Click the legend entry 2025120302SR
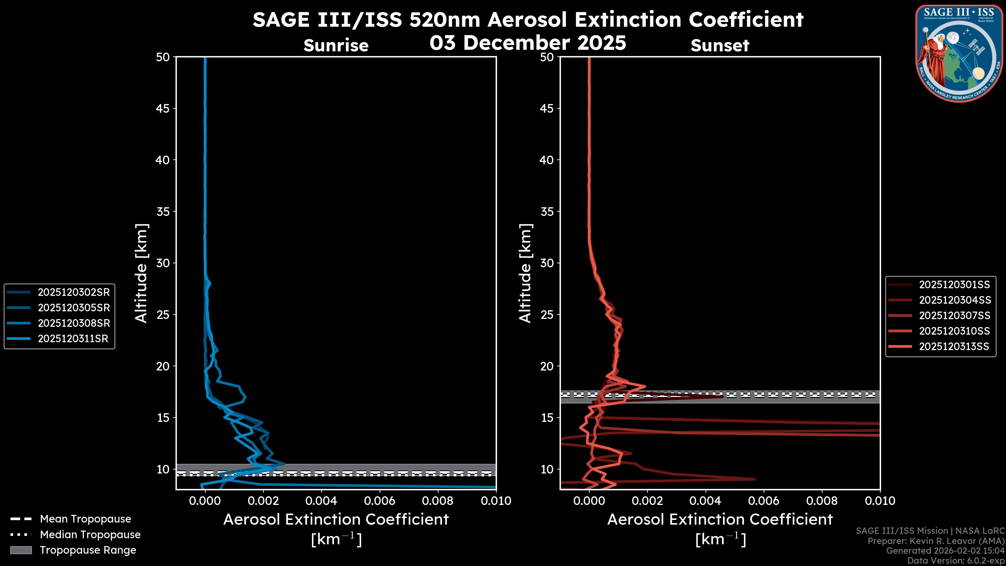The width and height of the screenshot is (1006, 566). [x=73, y=292]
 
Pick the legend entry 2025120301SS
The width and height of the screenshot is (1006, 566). [x=954, y=285]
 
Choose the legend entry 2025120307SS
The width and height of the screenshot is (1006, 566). [x=954, y=315]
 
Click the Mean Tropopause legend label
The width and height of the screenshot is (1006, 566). [x=85, y=519]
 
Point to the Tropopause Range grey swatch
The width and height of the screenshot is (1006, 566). [x=21, y=550]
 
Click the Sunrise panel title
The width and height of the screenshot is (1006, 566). [x=336, y=46]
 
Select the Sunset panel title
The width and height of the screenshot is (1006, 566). [x=720, y=46]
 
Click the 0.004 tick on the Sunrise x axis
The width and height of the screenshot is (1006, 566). [x=321, y=501]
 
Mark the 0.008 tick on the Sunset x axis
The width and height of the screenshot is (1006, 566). [x=822, y=501]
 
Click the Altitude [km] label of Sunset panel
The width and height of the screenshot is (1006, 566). [x=525, y=273]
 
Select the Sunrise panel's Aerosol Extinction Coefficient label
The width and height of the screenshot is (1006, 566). [x=336, y=520]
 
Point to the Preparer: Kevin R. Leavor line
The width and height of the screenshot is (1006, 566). [x=936, y=541]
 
